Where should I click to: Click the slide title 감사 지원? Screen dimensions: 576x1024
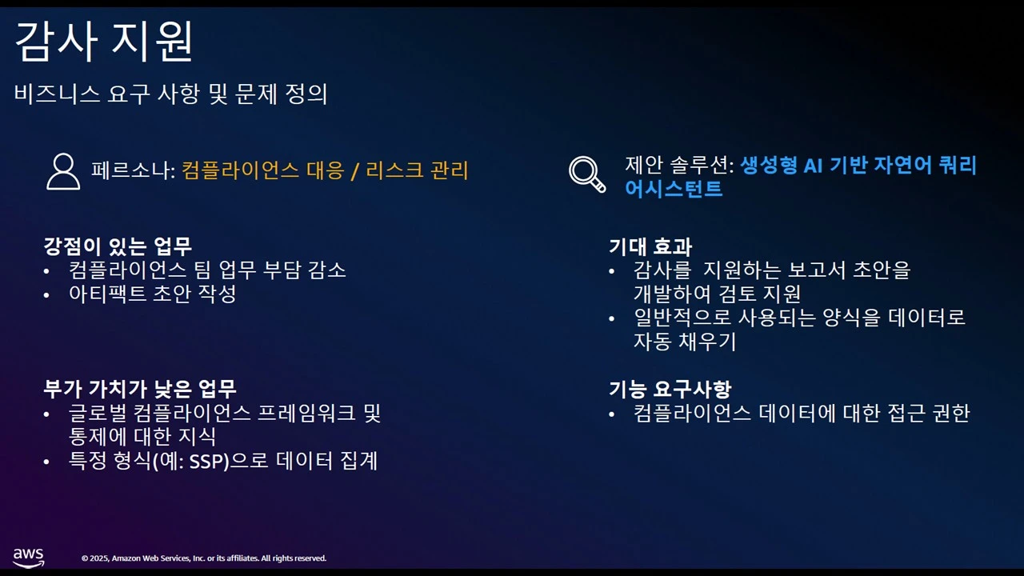click(104, 43)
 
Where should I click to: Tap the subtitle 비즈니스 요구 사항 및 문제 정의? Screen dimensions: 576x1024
click(171, 94)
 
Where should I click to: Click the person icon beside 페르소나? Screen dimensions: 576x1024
click(63, 171)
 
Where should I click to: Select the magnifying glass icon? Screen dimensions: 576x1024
click(586, 174)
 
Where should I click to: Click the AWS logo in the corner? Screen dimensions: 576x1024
click(28, 557)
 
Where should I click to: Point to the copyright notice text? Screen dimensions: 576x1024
click(204, 558)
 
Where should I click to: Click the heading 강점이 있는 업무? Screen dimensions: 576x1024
click(118, 245)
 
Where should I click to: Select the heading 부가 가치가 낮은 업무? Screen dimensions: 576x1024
click(140, 389)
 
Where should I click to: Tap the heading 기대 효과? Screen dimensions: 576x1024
click(650, 246)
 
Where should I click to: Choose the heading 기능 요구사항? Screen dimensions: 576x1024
click(670, 390)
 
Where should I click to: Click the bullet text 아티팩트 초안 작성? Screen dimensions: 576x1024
click(153, 294)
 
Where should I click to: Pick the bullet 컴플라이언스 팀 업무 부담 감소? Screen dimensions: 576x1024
click(207, 270)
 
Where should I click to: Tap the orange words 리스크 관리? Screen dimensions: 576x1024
click(417, 170)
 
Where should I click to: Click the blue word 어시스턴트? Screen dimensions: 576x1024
click(674, 189)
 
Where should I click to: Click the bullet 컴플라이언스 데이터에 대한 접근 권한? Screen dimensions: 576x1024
click(801, 414)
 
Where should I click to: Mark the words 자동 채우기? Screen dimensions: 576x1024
click(685, 342)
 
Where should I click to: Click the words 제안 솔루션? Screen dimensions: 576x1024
click(676, 166)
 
